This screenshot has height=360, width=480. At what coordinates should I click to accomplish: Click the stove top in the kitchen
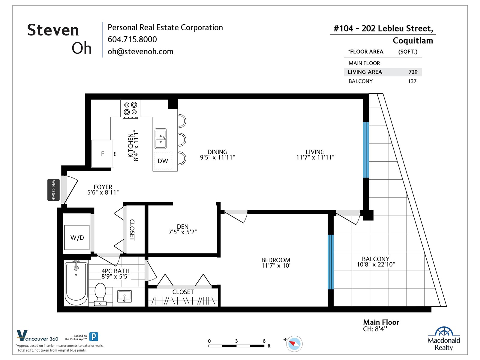coord(130,109)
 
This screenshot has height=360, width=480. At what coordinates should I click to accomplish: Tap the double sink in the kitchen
coord(160,139)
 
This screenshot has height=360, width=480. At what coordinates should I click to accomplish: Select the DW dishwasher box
coord(163,161)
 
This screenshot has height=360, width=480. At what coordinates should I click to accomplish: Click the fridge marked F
coord(102,154)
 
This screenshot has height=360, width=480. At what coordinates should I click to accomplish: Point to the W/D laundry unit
coord(77,237)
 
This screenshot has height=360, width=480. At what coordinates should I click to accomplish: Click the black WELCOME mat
coord(53,190)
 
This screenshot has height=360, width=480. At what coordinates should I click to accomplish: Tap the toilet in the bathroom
coord(100,294)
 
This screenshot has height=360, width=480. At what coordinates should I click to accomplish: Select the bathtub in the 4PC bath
coord(76,283)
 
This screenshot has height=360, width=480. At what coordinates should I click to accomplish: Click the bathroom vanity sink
coord(124,296)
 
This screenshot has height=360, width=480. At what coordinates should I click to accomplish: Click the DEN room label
coord(183,226)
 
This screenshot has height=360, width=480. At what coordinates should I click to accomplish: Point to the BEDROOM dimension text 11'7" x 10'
coord(276,265)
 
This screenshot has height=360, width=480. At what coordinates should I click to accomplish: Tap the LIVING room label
coord(315,152)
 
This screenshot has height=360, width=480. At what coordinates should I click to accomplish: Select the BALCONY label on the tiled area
coord(376,259)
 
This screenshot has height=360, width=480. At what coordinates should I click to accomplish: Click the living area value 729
coord(413,72)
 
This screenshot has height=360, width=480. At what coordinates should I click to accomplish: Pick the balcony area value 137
coord(412,81)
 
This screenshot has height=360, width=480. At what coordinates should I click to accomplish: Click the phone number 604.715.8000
coord(132,39)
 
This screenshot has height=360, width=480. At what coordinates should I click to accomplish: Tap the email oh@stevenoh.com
coord(140,52)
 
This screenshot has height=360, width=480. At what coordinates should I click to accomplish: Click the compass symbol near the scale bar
coord(294,343)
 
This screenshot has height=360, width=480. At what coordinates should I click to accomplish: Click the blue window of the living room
coord(366,150)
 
